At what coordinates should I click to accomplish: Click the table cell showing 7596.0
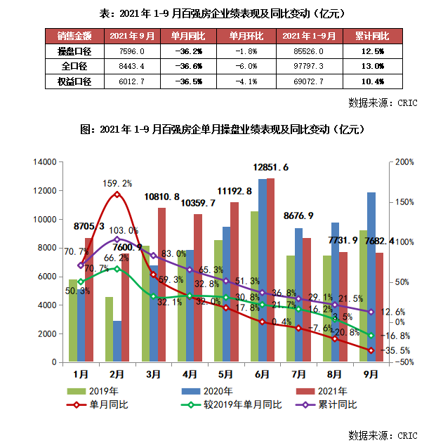[x=127, y=51]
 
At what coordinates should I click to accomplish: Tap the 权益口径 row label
[x=74, y=81]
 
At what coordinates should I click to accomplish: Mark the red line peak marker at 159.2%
[x=117, y=194]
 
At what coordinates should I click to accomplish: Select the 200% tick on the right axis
[x=405, y=162]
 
